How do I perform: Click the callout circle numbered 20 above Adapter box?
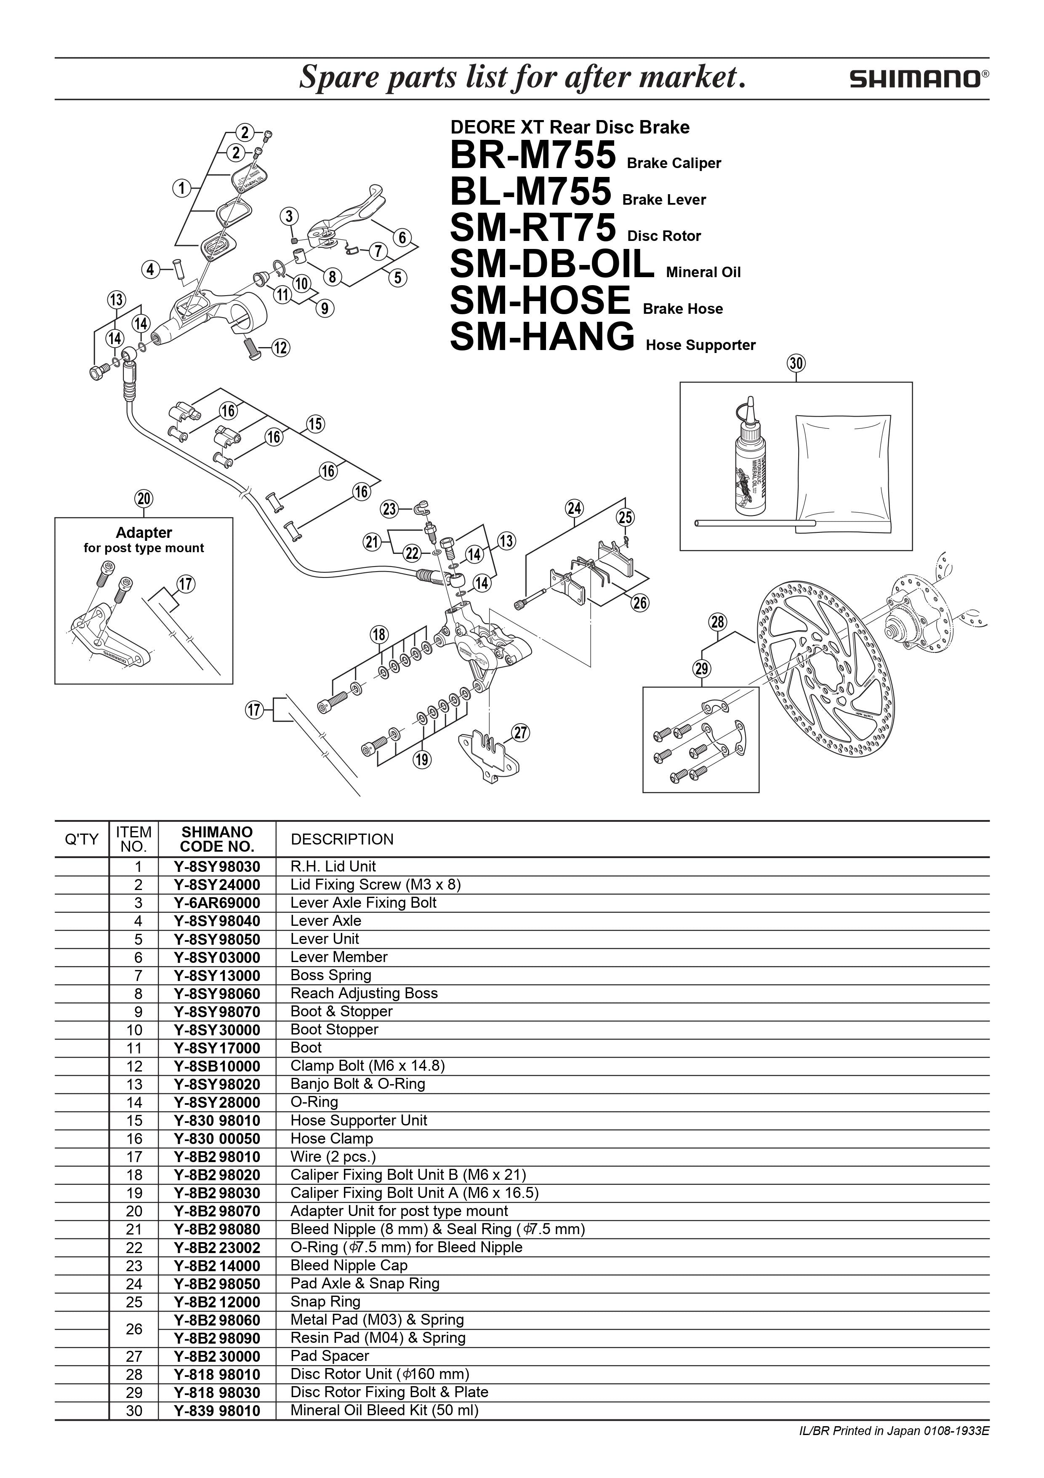(x=144, y=498)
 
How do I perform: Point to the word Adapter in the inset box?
(x=144, y=532)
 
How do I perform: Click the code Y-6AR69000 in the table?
(x=217, y=903)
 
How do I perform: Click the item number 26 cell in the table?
(x=134, y=1328)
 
